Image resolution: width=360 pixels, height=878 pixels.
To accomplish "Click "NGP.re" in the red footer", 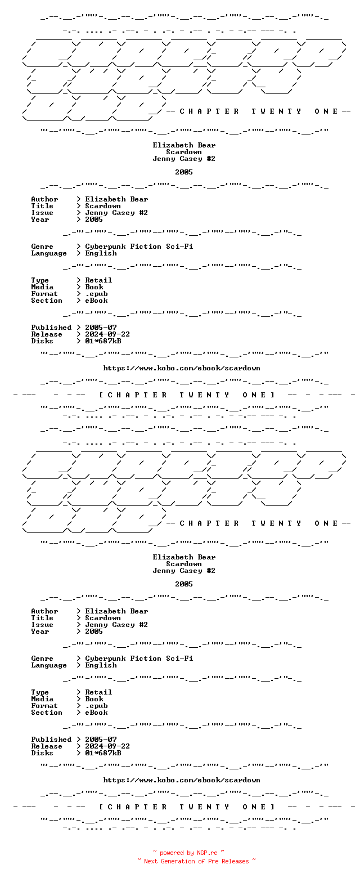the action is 207,853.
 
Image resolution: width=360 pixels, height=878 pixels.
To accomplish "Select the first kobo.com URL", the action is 182,368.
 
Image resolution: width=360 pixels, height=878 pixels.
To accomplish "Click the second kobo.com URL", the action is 182,780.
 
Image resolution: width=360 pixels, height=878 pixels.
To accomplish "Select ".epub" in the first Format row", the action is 96,294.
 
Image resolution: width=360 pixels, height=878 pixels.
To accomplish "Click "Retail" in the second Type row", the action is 98,692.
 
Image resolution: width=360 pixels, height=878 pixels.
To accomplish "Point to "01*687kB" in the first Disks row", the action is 103,341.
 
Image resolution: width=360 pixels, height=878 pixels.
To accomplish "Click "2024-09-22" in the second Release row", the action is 107,746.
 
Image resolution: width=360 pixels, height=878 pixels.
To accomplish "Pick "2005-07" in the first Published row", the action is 101,328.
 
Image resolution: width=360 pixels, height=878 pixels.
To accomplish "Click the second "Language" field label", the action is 49,665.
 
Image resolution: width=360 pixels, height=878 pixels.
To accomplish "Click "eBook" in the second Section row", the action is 96,713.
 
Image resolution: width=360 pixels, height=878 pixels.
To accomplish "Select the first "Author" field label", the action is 44,199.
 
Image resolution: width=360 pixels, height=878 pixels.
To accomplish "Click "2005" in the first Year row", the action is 94,219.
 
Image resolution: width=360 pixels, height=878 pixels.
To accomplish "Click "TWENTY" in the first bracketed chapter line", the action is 205,395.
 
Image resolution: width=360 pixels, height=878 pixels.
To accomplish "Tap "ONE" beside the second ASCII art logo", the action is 326,523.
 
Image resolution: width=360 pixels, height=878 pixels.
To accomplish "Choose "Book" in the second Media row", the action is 94,699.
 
